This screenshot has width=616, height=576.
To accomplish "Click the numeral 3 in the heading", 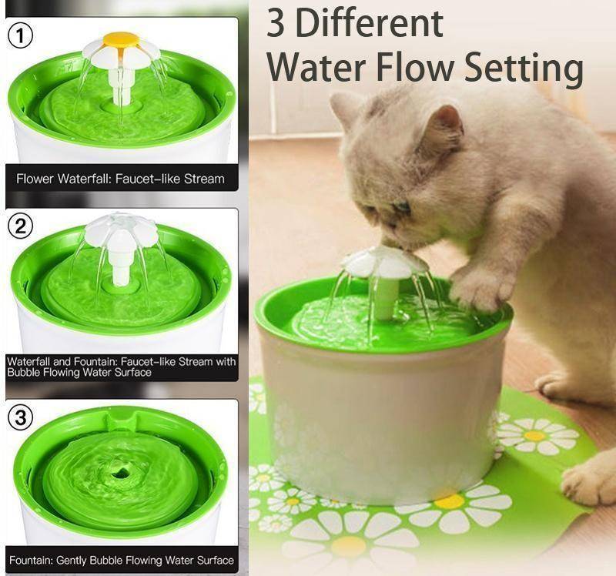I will pyautogui.click(x=276, y=23).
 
